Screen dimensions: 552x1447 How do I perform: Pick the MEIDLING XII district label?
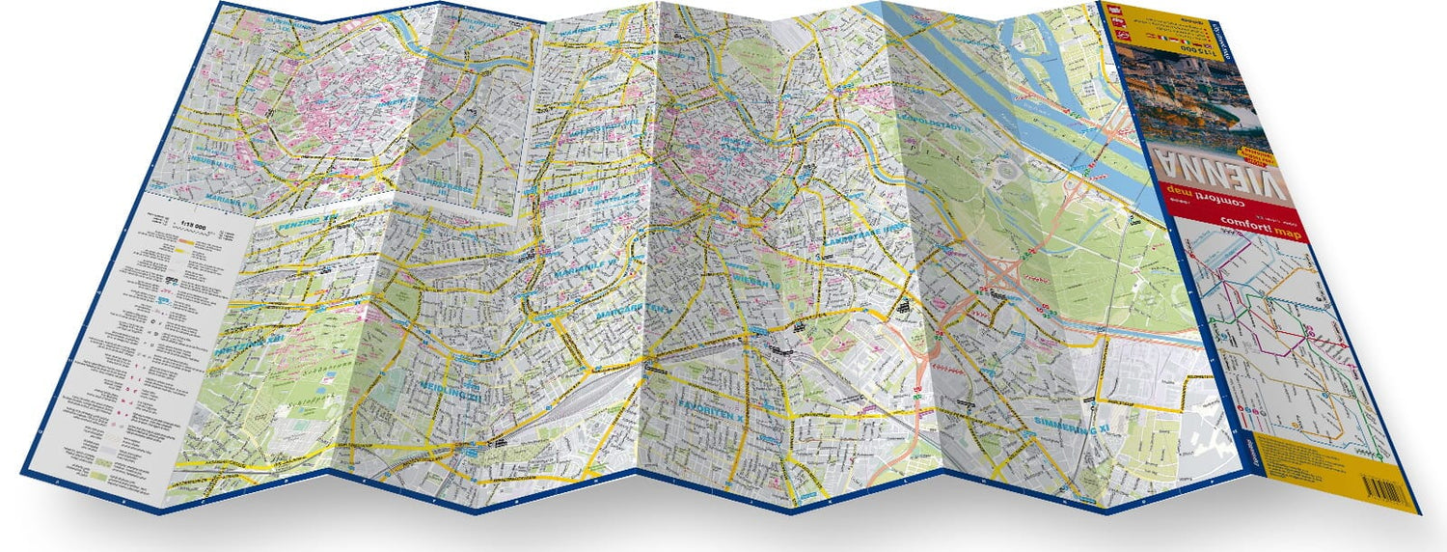pyautogui.click(x=448, y=391)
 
